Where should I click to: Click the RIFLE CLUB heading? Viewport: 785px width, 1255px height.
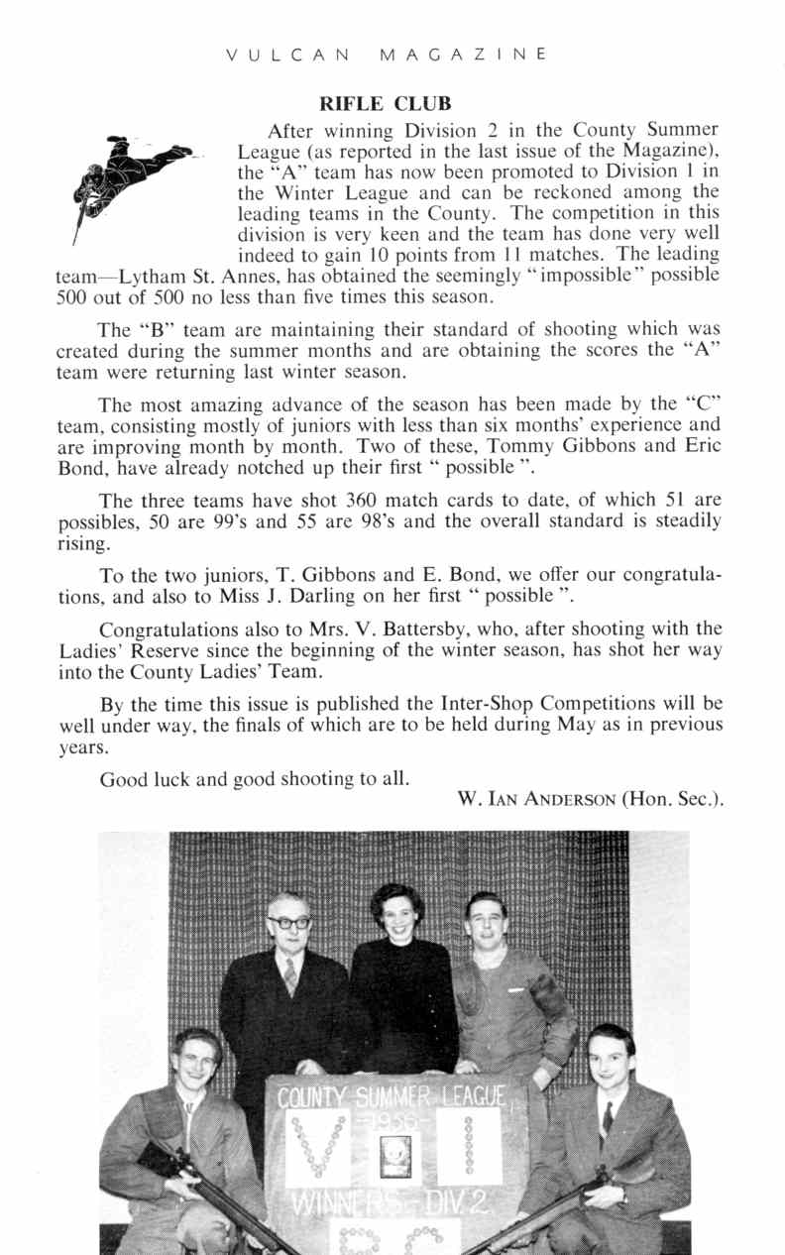point(385,103)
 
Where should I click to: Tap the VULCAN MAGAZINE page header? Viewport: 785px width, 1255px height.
point(387,54)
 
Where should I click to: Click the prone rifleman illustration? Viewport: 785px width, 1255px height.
point(129,178)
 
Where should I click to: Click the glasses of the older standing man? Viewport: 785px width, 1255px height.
point(288,922)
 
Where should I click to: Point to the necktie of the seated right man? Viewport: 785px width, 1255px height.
point(607,1117)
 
